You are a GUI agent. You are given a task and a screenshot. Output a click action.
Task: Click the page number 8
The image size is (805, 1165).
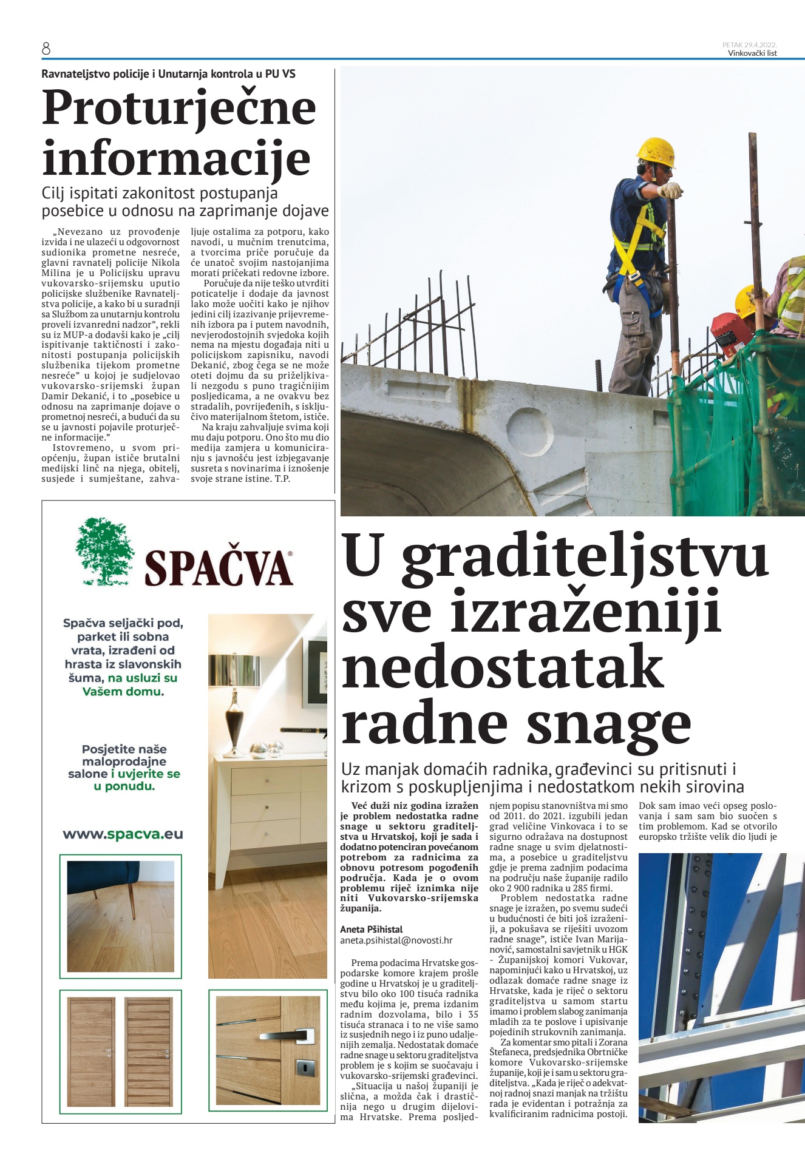click(46, 49)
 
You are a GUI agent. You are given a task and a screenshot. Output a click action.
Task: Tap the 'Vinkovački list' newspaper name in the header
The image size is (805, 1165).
click(752, 53)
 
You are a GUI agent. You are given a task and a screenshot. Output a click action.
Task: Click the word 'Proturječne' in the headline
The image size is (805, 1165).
click(179, 108)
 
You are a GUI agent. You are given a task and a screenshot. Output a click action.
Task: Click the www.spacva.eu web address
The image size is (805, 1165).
click(123, 834)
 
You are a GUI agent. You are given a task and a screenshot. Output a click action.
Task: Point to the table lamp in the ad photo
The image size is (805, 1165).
click(234, 698)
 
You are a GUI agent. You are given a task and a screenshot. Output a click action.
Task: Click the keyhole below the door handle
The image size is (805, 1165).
click(301, 1065)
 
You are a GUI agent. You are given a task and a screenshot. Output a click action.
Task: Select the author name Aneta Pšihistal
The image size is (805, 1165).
click(371, 929)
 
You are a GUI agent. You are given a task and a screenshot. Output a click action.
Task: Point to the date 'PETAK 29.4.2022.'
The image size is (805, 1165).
click(749, 45)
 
